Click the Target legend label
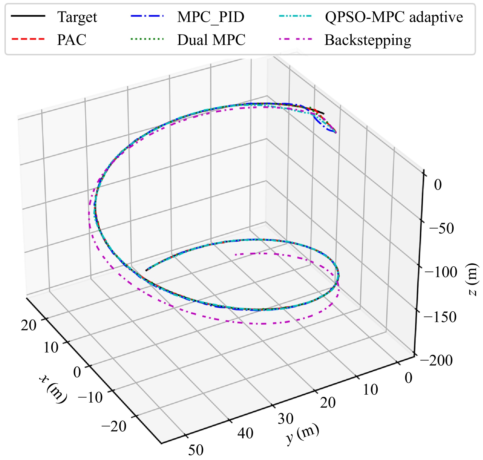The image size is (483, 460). click(77, 17)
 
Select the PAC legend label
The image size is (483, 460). click(72, 40)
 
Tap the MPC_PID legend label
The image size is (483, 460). click(211, 17)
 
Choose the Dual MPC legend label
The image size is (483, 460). click(211, 40)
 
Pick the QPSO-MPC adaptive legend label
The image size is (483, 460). click(394, 17)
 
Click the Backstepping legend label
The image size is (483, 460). click(368, 40)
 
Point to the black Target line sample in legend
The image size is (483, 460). click(28, 16)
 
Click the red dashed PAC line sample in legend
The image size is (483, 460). click(28, 39)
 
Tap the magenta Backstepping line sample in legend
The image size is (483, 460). click(295, 39)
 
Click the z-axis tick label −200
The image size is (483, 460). click(436, 360)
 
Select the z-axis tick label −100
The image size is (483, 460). click(441, 272)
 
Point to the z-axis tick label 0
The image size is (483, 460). click(438, 185)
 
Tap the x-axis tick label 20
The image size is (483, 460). click(29, 325)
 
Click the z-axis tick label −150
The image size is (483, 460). click(440, 317)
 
